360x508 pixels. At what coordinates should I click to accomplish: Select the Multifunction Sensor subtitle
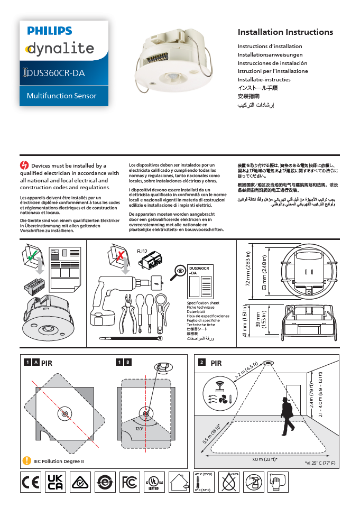click(x=62, y=96)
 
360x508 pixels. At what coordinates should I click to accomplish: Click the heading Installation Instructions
click(x=285, y=32)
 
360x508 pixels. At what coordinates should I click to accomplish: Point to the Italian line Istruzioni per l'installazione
click(x=272, y=71)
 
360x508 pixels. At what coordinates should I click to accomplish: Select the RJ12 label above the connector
click(x=142, y=251)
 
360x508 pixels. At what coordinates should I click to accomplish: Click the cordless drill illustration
click(x=111, y=299)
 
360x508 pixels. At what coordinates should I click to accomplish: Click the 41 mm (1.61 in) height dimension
click(x=245, y=322)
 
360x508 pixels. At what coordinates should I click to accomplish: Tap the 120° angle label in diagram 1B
click(x=139, y=429)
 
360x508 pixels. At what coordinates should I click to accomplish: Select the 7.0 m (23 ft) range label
click(x=265, y=459)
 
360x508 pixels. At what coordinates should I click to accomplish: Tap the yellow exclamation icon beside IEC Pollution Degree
click(x=26, y=461)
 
